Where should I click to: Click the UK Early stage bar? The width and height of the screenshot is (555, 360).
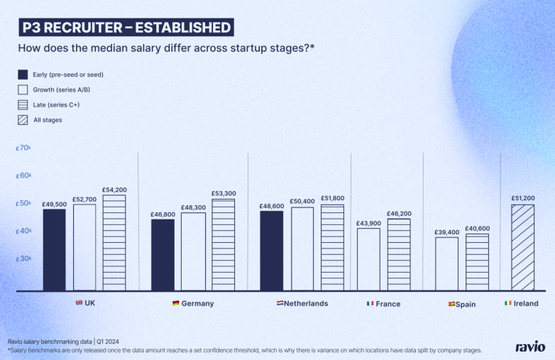[54, 249]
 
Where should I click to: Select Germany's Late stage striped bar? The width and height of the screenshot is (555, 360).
[223, 245]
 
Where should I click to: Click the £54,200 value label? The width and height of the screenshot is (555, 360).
[114, 190]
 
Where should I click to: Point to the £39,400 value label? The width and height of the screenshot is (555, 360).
[446, 232]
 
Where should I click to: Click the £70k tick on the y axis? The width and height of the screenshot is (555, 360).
[23, 148]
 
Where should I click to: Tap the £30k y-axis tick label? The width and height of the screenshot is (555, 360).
[23, 258]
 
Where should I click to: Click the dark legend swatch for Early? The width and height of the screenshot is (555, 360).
[23, 74]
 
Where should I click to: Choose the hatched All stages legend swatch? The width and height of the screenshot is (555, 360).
[23, 120]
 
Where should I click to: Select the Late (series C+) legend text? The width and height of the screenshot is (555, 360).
[56, 104]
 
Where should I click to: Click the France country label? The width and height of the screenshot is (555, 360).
[388, 304]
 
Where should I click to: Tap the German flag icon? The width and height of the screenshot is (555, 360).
[176, 303]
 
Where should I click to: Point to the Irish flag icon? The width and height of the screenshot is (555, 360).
[507, 303]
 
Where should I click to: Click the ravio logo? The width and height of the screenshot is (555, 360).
[530, 347]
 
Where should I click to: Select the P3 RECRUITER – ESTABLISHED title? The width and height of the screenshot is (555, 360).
[125, 28]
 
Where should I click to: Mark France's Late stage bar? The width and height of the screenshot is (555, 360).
[399, 254]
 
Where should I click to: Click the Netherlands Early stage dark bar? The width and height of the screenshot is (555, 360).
[271, 251]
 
